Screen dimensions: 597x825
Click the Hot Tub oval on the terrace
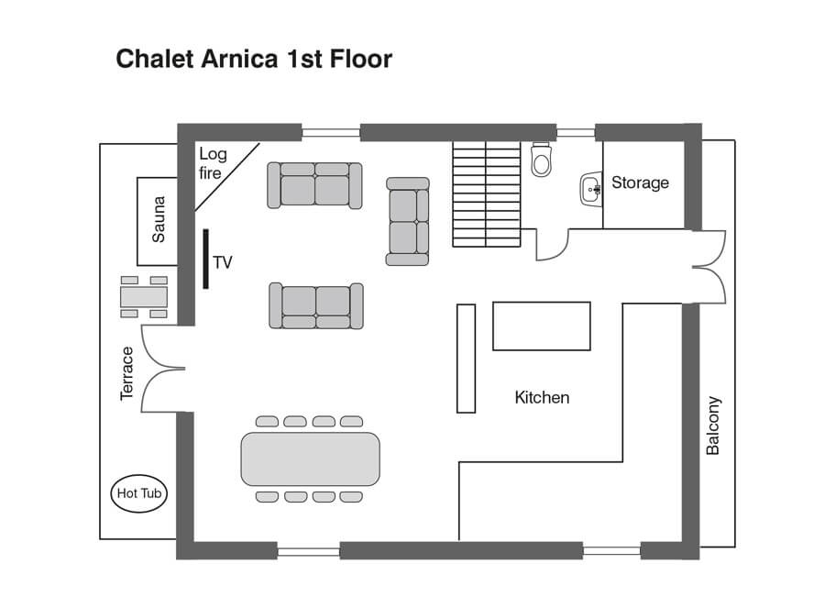(139, 494)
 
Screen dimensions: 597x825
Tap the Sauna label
(158, 219)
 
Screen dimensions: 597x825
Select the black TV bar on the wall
(206, 260)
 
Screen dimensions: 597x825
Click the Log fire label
(212, 163)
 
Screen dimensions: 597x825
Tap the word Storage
(640, 182)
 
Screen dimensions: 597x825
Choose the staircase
(486, 193)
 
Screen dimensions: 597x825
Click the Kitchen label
(542, 397)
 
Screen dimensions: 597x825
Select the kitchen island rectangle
(542, 326)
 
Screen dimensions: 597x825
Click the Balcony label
(713, 426)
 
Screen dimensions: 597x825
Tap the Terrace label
(127, 372)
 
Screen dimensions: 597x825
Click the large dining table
(310, 459)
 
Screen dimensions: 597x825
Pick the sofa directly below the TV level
(315, 305)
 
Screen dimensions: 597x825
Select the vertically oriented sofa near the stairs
(408, 221)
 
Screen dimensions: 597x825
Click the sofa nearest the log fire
(314, 184)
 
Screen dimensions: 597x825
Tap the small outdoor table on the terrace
(144, 297)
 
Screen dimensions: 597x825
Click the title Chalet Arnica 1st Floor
(254, 60)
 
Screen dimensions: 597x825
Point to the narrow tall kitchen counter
(467, 358)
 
